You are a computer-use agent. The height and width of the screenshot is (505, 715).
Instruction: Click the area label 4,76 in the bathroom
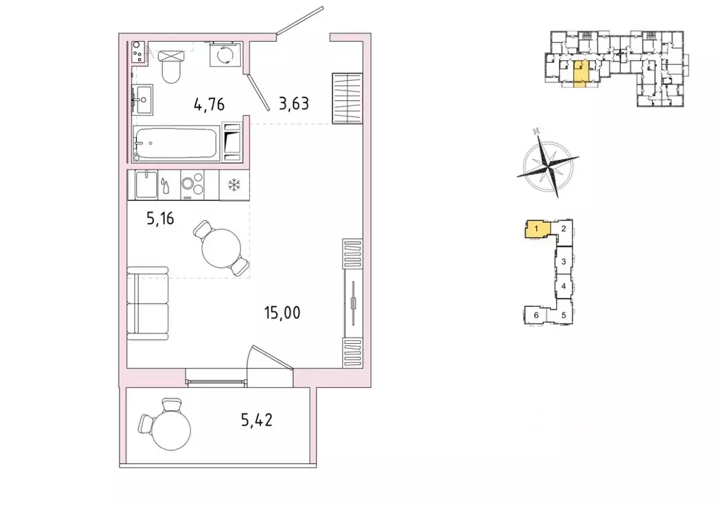tap(209, 105)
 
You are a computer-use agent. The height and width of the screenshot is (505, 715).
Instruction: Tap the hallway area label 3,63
tap(294, 104)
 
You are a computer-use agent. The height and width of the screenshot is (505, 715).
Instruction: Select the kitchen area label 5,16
tap(160, 218)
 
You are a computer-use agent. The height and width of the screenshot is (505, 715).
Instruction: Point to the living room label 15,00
tap(282, 313)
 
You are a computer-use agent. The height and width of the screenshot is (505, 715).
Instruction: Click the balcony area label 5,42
tap(257, 419)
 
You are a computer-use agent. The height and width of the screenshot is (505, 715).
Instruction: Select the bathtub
tap(176, 143)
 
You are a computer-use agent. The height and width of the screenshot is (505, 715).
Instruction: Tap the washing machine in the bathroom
tap(225, 54)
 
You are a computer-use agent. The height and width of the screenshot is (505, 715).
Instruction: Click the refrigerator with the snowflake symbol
tap(234, 185)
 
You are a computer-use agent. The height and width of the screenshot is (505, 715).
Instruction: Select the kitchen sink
tap(147, 184)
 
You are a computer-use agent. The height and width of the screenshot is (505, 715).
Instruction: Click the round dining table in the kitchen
tap(221, 248)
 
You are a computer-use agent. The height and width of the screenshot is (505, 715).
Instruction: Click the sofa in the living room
tap(148, 303)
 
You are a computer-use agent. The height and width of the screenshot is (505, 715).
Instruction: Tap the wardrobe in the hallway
tap(348, 98)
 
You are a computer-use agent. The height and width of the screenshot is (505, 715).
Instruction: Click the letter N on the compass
tap(537, 131)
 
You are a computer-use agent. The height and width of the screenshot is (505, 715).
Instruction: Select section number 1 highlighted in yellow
tap(537, 228)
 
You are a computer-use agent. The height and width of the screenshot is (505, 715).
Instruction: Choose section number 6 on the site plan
tap(536, 315)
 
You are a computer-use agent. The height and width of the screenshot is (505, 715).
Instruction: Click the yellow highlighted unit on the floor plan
tap(580, 73)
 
